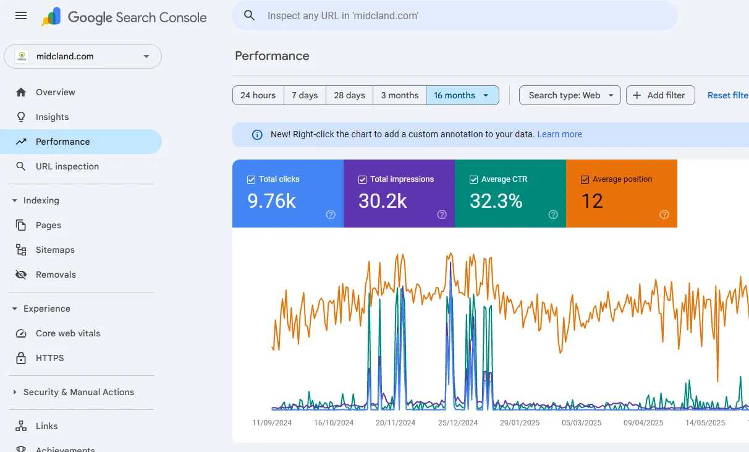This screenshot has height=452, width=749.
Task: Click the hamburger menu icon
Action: (21, 16)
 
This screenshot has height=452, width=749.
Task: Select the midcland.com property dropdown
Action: (83, 56)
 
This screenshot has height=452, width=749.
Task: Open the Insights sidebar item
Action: (52, 117)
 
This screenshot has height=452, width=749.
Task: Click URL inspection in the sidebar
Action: (67, 166)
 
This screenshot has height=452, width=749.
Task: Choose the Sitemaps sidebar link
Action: (55, 250)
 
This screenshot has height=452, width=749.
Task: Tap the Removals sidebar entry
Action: (56, 275)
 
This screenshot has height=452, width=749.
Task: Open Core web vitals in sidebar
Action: (68, 333)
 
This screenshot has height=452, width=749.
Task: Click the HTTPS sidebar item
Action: (49, 358)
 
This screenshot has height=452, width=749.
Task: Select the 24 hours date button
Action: (258, 95)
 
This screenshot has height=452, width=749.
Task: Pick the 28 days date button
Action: (349, 95)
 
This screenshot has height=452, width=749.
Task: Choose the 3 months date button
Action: (399, 95)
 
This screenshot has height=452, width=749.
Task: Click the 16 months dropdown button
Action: (462, 95)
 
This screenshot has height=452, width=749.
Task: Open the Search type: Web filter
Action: (570, 95)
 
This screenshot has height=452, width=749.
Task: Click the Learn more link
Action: (559, 134)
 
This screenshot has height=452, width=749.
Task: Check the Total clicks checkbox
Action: (252, 179)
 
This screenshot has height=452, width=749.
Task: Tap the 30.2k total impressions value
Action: (383, 201)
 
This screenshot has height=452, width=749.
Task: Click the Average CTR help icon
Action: (553, 215)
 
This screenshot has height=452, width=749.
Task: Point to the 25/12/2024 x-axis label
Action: (458, 423)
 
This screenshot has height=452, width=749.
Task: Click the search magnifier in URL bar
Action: (250, 15)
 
